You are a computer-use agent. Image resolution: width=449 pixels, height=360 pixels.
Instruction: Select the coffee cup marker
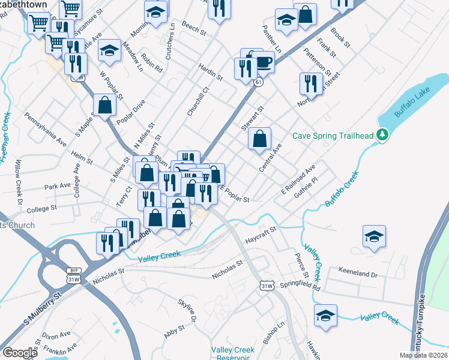[x=263, y=61]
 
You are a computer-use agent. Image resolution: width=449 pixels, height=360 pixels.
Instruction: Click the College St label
[x=41, y=208]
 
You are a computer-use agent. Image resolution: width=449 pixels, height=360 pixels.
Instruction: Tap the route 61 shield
[x=256, y=82]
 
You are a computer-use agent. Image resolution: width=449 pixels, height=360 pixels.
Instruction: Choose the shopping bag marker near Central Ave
[x=259, y=140]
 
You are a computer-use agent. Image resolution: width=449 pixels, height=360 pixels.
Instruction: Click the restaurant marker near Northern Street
[x=310, y=84]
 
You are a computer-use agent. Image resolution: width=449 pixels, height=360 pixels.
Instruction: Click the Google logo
[x=20, y=353]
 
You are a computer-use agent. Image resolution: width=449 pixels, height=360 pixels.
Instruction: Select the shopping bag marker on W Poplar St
[x=105, y=105]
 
